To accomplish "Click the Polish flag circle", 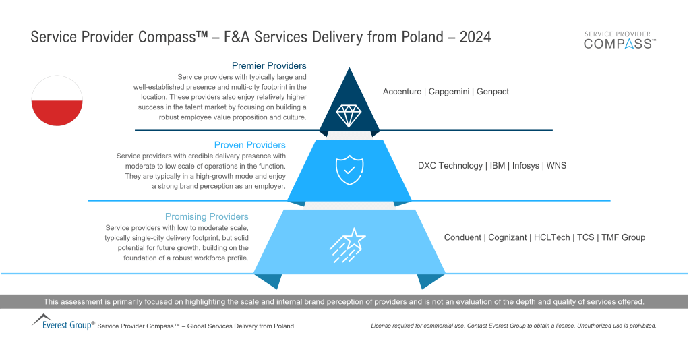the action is tap(57, 100).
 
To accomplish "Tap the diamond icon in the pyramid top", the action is tap(349, 116).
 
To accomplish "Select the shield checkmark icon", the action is tap(349, 170).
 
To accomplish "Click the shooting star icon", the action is tap(348, 245).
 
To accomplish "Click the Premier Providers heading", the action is tap(269, 66).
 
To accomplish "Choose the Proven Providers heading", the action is tap(249, 145).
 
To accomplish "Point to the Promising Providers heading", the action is tap(206, 216).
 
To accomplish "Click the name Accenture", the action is tap(402, 92).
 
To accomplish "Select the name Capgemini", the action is tap(448, 92).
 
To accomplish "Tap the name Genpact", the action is tap(493, 92).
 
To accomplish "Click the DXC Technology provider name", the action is tap(450, 166).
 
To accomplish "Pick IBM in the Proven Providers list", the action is tap(498, 166).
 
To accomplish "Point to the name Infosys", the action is tap(526, 166).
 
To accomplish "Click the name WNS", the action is tap(556, 166).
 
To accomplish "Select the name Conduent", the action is tap(462, 237).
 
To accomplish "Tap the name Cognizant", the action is tap(508, 238).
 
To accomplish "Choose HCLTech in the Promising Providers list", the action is tap(551, 237).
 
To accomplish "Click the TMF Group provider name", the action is tap(623, 238).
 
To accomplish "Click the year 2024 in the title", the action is tap(475, 37).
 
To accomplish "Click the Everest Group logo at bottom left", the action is tap(63, 322).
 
